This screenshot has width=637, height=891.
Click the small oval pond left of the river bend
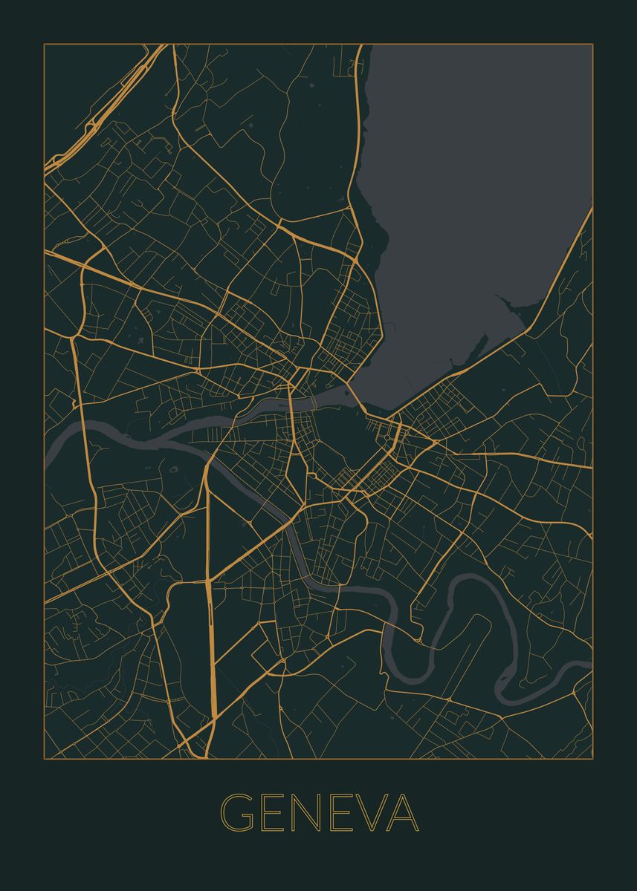pyautogui.click(x=174, y=469)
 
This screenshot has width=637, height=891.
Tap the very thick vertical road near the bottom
pyautogui.click(x=212, y=653)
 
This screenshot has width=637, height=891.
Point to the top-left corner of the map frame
pyautogui.click(x=44, y=44)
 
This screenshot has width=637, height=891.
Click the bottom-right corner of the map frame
pyautogui.click(x=592, y=758)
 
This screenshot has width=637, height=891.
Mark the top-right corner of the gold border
pyautogui.click(x=592, y=44)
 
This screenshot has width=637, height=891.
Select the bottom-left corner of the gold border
pyautogui.click(x=44, y=758)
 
